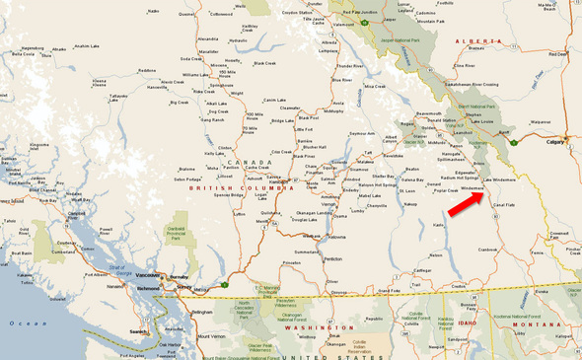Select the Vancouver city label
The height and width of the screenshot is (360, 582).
point(145,274)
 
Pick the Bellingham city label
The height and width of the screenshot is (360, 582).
point(203,312)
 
